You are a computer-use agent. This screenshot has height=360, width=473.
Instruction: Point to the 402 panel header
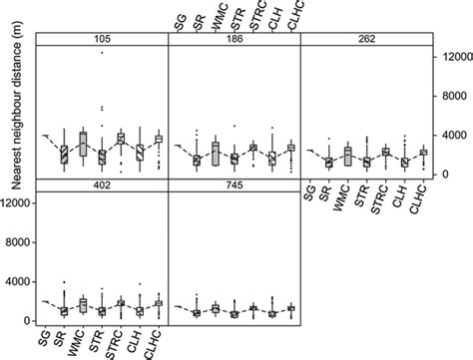pos(101,186)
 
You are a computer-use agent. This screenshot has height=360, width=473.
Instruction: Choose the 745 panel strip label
pos(235,186)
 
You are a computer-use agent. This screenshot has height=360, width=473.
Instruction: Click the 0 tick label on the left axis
pos(27,320)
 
